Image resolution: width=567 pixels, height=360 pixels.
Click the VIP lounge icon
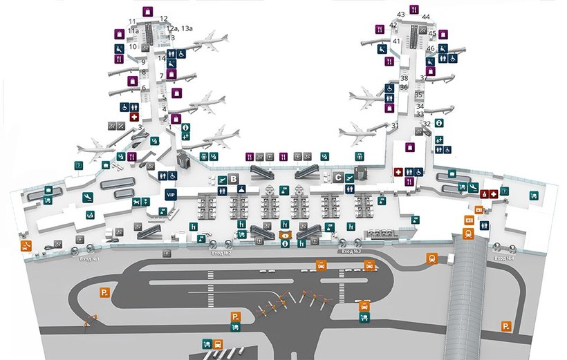171,196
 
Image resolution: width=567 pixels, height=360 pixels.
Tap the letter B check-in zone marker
234,179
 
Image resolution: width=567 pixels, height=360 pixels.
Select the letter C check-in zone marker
338,177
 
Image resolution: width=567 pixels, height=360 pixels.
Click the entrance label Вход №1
90,259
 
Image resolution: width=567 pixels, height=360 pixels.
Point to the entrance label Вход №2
220,254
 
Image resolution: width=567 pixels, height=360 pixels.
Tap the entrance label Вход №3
348,253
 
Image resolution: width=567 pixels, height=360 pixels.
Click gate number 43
400,15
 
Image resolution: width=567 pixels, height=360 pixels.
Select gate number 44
426,17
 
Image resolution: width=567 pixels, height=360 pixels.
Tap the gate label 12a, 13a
180,28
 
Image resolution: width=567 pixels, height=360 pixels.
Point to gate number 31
395,125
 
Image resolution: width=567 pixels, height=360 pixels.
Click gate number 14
161,59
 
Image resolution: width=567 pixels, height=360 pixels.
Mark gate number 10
132,47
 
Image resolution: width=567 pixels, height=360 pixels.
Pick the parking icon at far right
507,325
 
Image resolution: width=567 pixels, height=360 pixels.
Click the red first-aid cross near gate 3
134,118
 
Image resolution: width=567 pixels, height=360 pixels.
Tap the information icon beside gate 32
440,122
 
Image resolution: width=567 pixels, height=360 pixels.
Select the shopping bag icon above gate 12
147,11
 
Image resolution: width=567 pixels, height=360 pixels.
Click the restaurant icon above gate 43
413,10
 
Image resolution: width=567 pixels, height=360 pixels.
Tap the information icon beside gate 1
185,127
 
